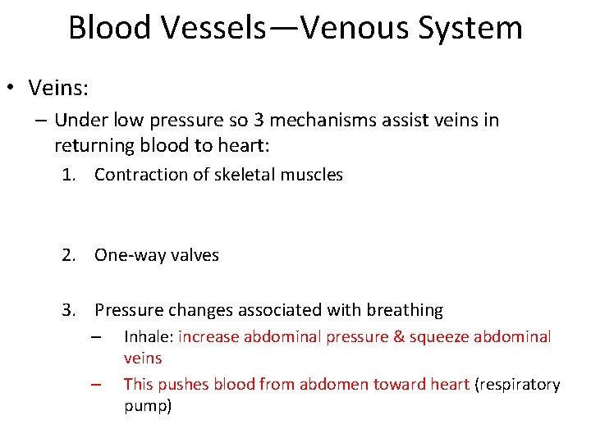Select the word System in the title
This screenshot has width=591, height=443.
(x=471, y=27)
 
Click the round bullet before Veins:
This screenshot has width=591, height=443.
(x=14, y=87)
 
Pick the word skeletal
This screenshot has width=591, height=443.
(x=239, y=174)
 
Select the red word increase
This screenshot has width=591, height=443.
(x=211, y=336)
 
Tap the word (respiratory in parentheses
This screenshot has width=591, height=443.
(x=517, y=384)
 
